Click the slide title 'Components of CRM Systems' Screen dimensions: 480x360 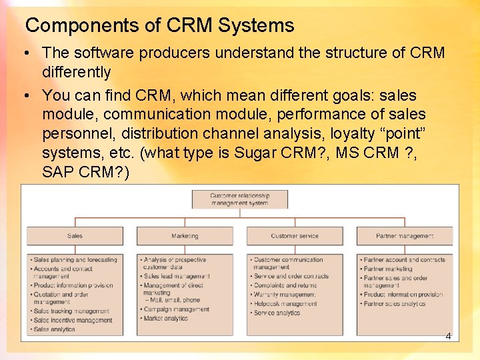(159, 26)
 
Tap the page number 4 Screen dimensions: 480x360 (448, 336)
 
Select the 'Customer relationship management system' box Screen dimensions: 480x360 (240, 199)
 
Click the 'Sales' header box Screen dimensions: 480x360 (75, 236)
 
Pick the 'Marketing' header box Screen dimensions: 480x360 (185, 236)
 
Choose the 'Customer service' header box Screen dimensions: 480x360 (295, 236)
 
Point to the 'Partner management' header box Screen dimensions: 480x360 (405, 236)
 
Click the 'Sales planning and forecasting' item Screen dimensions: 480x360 (75, 260)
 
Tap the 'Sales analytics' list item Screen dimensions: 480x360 (55, 329)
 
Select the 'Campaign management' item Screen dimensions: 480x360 (176, 309)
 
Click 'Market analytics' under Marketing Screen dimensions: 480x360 (167, 318)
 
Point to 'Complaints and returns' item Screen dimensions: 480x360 (285, 285)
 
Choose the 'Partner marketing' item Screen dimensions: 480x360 (388, 269)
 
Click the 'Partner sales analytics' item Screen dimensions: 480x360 (394, 304)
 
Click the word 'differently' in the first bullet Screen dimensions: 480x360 (76, 72)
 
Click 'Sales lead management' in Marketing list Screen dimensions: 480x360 (177, 276)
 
